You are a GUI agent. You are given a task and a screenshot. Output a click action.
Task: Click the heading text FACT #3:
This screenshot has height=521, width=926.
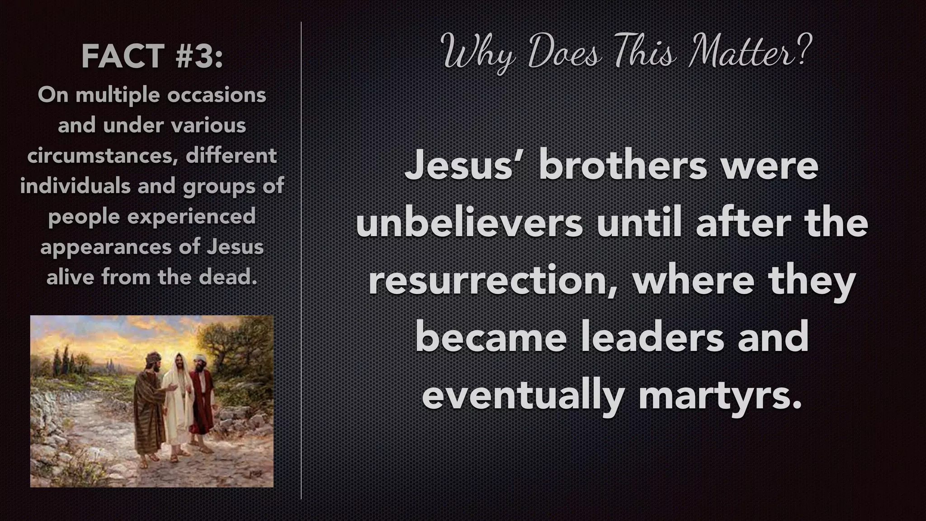pyautogui.click(x=152, y=57)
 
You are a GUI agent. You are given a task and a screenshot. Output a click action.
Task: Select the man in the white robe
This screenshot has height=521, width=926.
pyautogui.click(x=176, y=398)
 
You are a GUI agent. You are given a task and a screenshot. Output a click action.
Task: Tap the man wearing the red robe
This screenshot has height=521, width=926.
pyautogui.click(x=201, y=398)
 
